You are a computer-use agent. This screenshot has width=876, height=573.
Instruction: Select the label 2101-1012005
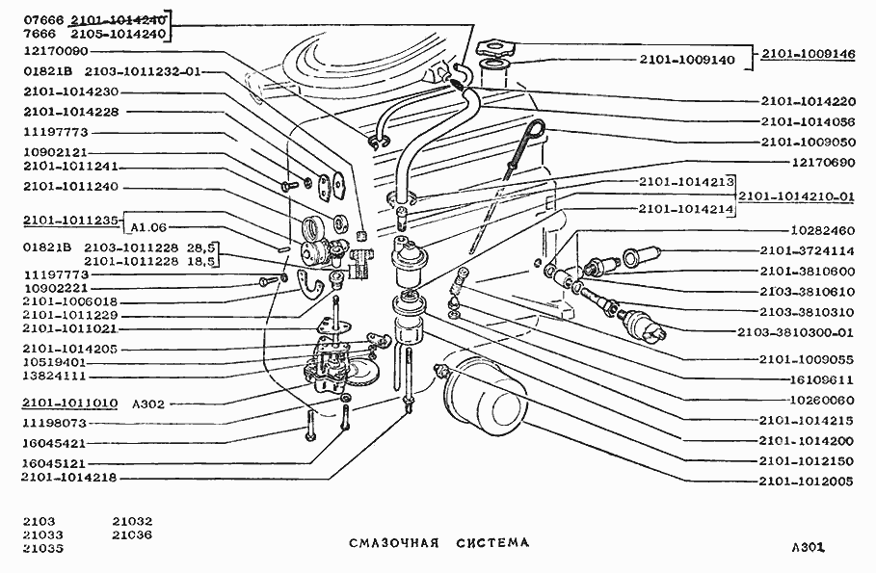pos(806,481)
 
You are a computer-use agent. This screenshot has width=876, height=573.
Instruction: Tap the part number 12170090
pos(56,51)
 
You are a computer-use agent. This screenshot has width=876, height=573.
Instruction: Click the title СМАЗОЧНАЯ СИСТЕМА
pos(438,543)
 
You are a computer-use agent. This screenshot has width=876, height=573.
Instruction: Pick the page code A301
pos(806,547)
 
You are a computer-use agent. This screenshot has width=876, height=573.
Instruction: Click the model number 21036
pos(132,534)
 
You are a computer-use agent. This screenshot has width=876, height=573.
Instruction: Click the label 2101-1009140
pos(686,60)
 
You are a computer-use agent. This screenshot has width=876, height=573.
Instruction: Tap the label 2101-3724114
pos(806,251)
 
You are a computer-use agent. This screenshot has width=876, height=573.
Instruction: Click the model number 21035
pos(43,549)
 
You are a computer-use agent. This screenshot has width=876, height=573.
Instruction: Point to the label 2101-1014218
pos(69,477)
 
